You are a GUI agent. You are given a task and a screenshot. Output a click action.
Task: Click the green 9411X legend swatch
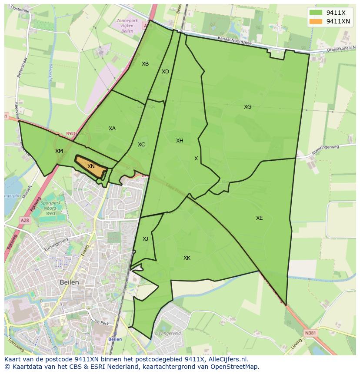(x=316, y=13)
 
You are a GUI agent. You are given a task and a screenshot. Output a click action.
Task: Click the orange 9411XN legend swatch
(x=316, y=21)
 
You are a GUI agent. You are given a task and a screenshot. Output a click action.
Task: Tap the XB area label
(x=145, y=64)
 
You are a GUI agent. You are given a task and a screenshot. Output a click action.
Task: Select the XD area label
(x=165, y=72)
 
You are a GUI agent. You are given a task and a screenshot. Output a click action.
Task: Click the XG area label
(x=247, y=107)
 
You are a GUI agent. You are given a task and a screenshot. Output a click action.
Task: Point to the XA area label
(x=112, y=129)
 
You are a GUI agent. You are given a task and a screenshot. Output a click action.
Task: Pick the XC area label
(x=141, y=145)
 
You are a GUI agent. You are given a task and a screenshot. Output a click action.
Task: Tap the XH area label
(x=180, y=141)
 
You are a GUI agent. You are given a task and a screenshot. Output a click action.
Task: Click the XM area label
(x=59, y=151)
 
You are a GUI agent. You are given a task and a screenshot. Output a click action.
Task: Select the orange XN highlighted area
(x=91, y=167)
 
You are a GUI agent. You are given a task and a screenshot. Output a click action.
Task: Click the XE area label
(x=259, y=218)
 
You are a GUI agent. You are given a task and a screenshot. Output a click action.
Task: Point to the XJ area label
(x=145, y=239)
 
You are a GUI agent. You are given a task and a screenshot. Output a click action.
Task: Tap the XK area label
(x=187, y=258)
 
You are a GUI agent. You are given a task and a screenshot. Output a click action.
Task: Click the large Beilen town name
(x=70, y=282)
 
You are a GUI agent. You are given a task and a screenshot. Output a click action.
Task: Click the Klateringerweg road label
(x=325, y=150)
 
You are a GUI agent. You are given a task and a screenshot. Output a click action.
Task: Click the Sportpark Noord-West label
(x=51, y=208)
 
